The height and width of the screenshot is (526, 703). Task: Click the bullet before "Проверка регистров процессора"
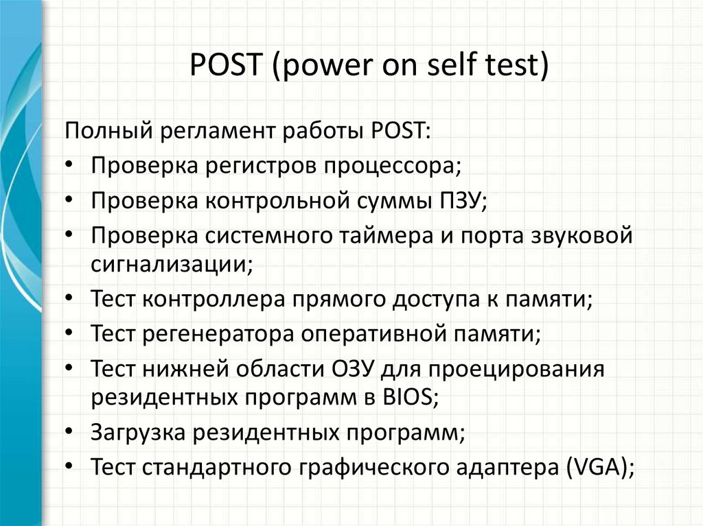click(72, 165)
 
